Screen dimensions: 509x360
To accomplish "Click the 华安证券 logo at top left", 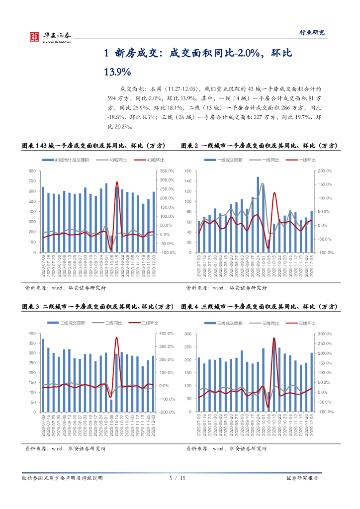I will [50, 35].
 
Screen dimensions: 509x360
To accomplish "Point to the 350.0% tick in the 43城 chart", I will [168, 171].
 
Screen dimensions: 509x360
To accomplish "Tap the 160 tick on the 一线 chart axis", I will [188, 171].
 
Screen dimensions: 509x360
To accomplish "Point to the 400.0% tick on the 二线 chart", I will [167, 334].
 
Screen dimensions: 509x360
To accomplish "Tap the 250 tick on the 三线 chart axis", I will [188, 347].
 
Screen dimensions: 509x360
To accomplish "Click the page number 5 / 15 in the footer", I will [177, 478].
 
